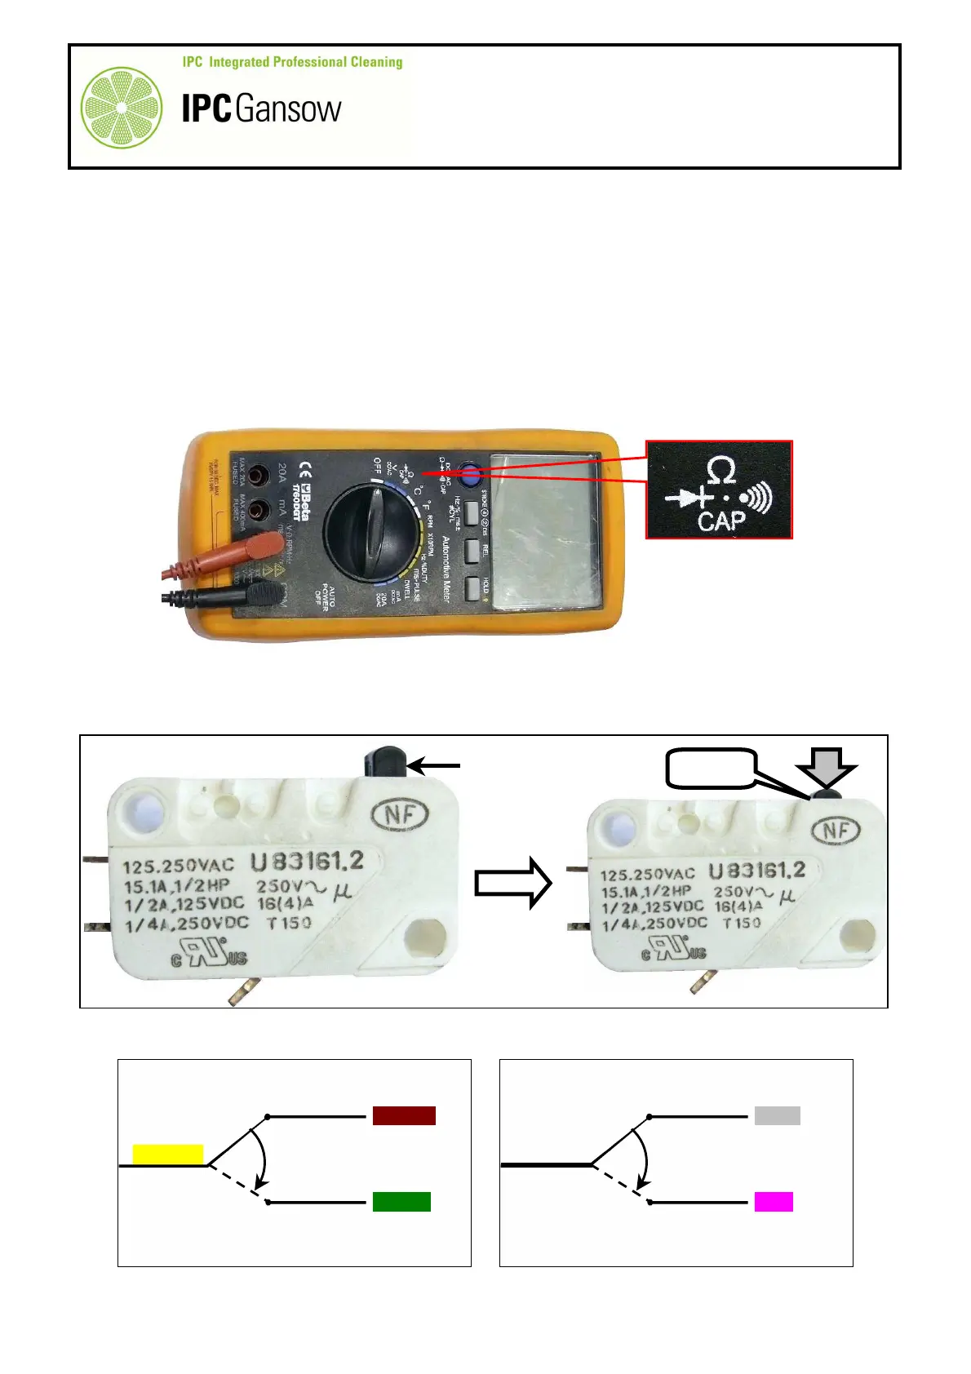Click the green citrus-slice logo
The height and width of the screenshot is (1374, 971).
click(x=121, y=108)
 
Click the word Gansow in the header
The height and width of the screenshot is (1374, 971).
click(x=288, y=109)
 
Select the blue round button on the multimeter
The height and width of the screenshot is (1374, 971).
click(x=470, y=472)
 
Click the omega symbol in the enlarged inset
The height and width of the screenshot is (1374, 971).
click(x=720, y=471)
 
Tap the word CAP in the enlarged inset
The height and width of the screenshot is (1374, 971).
click(x=721, y=521)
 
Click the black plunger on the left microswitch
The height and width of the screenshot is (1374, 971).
click(x=385, y=762)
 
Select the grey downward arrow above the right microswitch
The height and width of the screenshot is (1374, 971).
click(x=826, y=768)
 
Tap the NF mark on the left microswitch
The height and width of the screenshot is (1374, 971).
click(x=401, y=813)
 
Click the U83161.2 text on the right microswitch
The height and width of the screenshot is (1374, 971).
click(x=756, y=871)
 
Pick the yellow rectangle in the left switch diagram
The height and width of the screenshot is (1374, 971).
click(x=167, y=1154)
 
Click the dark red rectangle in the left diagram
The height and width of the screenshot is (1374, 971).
click(x=404, y=1115)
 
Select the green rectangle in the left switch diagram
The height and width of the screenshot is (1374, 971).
click(x=401, y=1201)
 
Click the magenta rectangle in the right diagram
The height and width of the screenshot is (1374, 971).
click(x=774, y=1201)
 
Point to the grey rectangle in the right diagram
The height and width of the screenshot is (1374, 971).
click(x=777, y=1115)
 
